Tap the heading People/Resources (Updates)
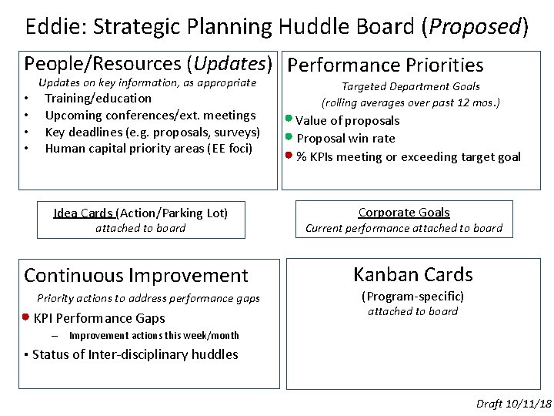pos(149,64)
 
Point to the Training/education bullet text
pos(98,98)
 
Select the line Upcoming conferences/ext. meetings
pos(150,115)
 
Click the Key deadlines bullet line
pos(152,132)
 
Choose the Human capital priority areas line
pos(149,148)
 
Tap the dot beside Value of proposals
pos(289,119)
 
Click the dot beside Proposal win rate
pos(289,137)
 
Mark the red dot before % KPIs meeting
pos(289,156)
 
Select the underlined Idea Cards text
pos(83,213)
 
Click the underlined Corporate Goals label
pos(404,212)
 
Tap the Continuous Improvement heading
pos(136,275)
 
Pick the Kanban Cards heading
pos(412,274)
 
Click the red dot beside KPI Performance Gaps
pos(26,317)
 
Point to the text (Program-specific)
pos(412,296)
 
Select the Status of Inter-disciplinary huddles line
pos(135,354)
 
